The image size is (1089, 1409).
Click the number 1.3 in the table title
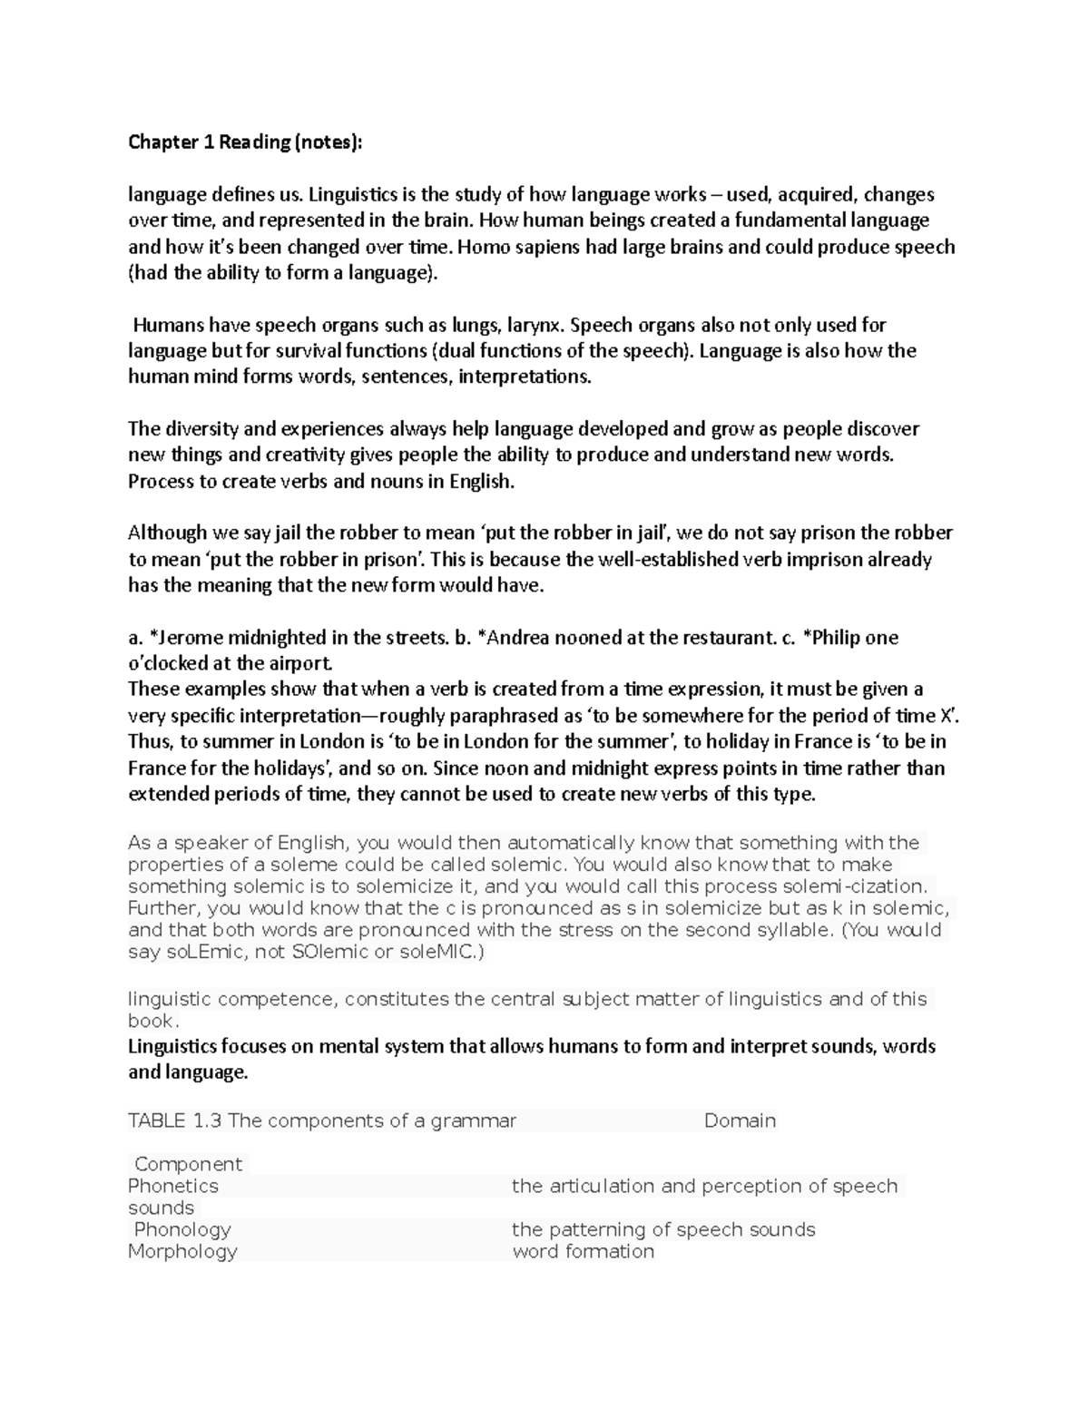(207, 1120)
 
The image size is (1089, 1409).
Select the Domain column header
(740, 1120)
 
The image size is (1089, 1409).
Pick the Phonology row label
(182, 1229)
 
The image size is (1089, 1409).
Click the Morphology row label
(182, 1251)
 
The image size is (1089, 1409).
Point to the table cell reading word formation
(583, 1251)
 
